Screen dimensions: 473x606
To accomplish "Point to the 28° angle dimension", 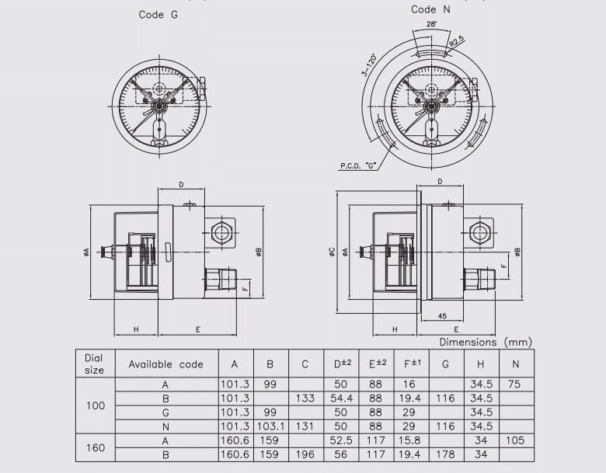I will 431,24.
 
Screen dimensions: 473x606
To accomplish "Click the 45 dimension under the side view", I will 441,316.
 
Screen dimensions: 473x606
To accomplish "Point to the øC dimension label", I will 332,251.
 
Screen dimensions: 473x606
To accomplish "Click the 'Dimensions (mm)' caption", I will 486,342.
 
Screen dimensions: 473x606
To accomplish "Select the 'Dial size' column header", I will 94,363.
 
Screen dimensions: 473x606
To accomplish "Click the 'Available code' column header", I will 165,363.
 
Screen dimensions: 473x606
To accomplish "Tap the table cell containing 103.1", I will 270,426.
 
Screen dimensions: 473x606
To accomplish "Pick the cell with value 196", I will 305,454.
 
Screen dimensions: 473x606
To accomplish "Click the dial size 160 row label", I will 94,447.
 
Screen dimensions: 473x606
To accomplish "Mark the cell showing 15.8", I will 413,440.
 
